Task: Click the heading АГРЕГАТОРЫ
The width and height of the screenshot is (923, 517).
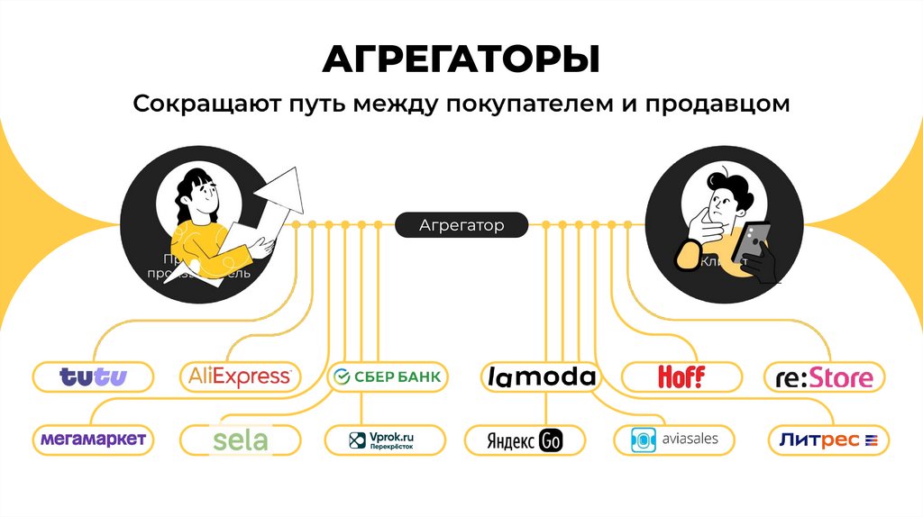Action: tap(461, 59)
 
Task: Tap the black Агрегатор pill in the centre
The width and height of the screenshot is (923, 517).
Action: tap(461, 225)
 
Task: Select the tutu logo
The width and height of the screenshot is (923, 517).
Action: tap(93, 376)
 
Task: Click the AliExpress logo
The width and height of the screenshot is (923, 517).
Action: tap(239, 376)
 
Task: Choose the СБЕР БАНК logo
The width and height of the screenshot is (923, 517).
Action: tap(386, 376)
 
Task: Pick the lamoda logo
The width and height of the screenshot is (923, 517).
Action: tap(540, 376)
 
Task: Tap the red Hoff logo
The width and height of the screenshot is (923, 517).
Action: tap(681, 376)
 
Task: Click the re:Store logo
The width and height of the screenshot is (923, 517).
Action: tap(824, 376)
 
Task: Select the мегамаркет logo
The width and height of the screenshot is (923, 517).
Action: tap(93, 439)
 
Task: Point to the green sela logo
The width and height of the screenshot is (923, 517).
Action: tap(240, 440)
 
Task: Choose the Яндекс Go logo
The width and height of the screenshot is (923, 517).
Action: tap(525, 440)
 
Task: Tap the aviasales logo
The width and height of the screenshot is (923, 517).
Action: tap(672, 440)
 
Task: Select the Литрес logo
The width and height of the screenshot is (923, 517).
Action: tap(828, 440)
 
